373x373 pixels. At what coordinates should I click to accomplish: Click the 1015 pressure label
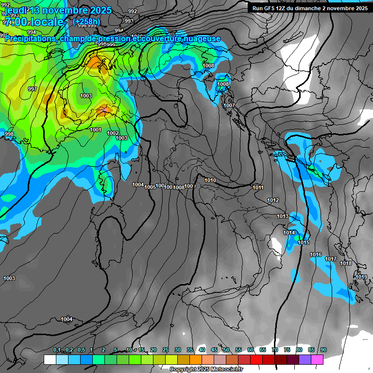tap(304, 242)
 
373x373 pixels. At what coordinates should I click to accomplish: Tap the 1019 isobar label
tap(361, 277)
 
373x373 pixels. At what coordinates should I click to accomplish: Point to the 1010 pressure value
tap(210, 180)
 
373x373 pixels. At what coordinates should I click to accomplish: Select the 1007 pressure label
tap(229, 105)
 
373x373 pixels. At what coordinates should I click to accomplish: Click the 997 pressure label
tap(33, 89)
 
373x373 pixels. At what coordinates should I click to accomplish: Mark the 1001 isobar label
tap(96, 130)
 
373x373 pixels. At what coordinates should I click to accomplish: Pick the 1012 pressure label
tap(273, 200)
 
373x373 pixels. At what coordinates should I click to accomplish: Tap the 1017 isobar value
tap(331, 259)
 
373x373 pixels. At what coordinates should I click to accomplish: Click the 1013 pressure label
tap(283, 216)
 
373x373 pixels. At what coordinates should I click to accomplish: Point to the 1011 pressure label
tap(258, 187)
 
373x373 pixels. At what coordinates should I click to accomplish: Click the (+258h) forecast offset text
tap(86, 21)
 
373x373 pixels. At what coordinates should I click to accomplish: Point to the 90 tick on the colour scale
tap(323, 350)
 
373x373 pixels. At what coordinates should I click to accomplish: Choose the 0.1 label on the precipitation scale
tap(57, 350)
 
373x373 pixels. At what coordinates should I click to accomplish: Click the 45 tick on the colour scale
tap(214, 350)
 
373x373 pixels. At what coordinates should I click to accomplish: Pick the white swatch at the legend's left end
tap(50, 360)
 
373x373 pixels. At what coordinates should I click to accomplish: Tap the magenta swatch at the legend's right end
tap(317, 360)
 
